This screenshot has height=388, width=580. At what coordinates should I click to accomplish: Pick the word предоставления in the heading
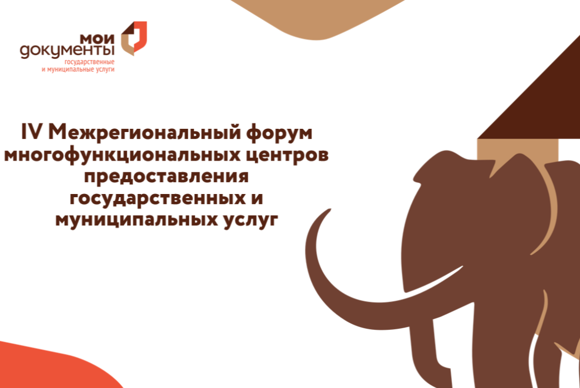(x=166, y=177)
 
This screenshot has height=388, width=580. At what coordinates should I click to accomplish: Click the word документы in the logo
(x=67, y=51)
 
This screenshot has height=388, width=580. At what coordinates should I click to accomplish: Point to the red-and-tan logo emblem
(x=133, y=38)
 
